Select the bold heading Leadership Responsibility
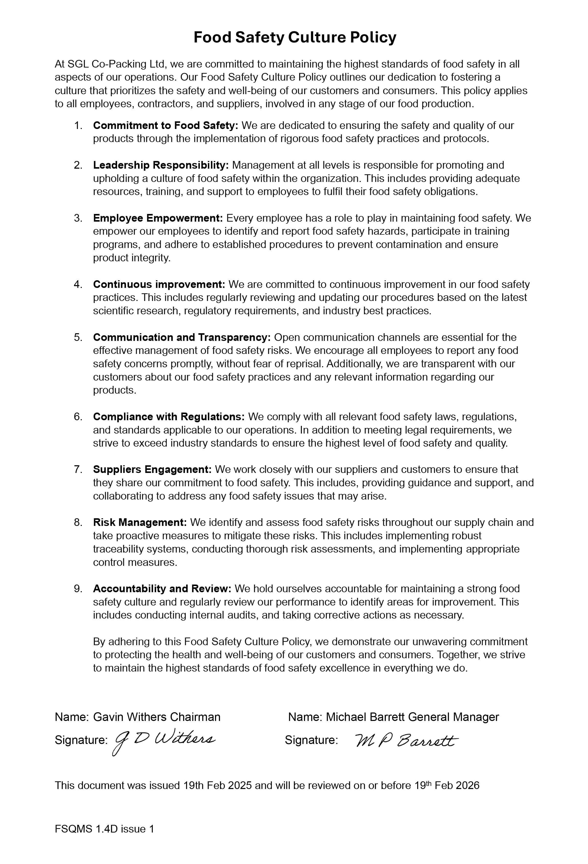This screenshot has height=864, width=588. [x=161, y=165]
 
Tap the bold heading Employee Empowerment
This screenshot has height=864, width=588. [x=158, y=218]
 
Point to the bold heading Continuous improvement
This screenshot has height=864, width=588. [x=159, y=284]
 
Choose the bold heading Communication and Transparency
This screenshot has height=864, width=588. [x=182, y=337]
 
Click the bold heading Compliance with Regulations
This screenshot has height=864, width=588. [x=169, y=417]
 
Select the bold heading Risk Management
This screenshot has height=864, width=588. [x=140, y=522]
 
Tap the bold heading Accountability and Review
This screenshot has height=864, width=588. [x=162, y=589]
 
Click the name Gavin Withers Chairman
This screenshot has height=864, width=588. [x=156, y=717]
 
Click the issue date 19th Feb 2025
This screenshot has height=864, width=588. [x=217, y=785]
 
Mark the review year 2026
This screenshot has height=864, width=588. [x=467, y=785]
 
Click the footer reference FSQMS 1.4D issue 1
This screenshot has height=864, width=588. [x=104, y=829]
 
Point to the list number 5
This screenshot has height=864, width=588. [x=78, y=337]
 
